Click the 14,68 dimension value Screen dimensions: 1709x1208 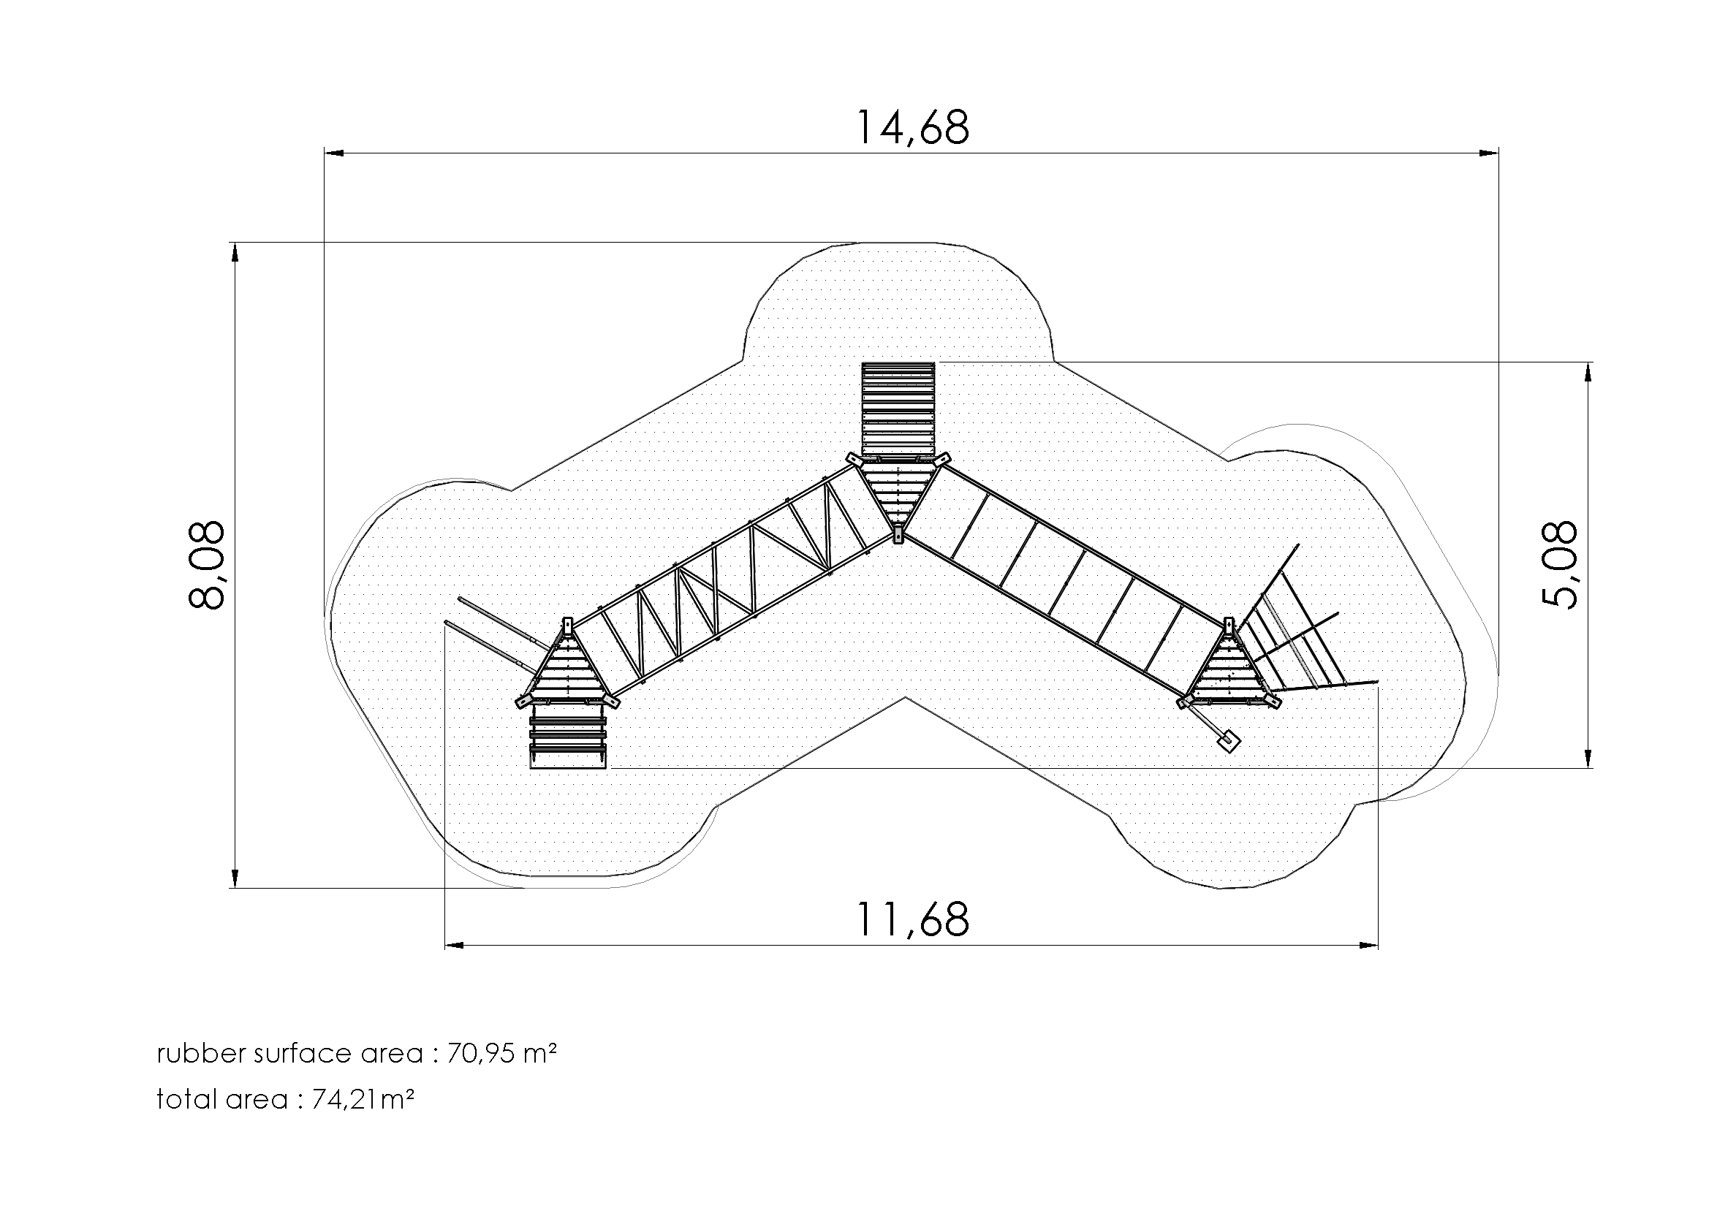[913, 127]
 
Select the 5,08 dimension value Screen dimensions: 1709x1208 [1558, 565]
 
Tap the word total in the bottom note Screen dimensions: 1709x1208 [183, 1099]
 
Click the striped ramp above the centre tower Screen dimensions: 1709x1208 [898, 409]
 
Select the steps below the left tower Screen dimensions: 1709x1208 [568, 736]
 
